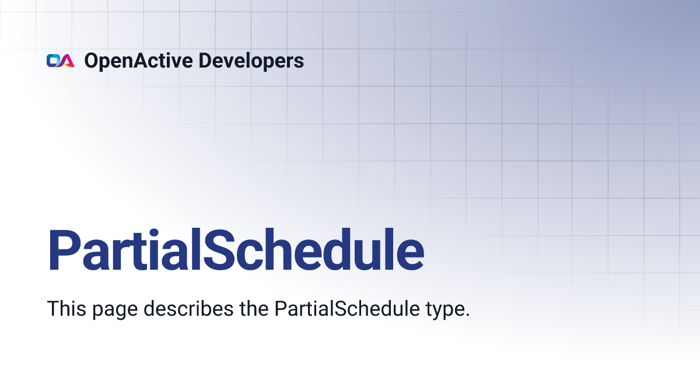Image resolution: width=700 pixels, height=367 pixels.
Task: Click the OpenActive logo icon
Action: click(x=61, y=61)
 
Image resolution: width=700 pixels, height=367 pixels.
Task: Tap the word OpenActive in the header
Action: click(x=138, y=61)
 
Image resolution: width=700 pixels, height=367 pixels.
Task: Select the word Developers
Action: click(x=251, y=61)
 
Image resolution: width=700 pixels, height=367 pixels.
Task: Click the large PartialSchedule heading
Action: click(x=236, y=250)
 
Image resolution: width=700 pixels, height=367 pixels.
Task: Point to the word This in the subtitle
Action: click(x=66, y=308)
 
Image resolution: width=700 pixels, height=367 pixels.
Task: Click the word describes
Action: click(x=188, y=308)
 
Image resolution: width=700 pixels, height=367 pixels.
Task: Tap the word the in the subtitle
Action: click(x=254, y=308)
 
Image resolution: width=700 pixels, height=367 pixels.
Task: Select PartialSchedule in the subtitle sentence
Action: click(x=347, y=308)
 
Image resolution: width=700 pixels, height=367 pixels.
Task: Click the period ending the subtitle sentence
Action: click(x=467, y=315)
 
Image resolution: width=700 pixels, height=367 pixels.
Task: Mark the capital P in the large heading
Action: click(x=64, y=250)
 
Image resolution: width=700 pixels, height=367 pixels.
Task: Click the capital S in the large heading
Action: click(x=220, y=250)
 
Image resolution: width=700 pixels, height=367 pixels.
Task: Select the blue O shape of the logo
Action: click(x=53, y=61)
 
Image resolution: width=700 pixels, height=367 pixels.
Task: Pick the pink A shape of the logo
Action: click(x=68, y=61)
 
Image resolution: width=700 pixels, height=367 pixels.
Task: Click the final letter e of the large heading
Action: click(x=410, y=255)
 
